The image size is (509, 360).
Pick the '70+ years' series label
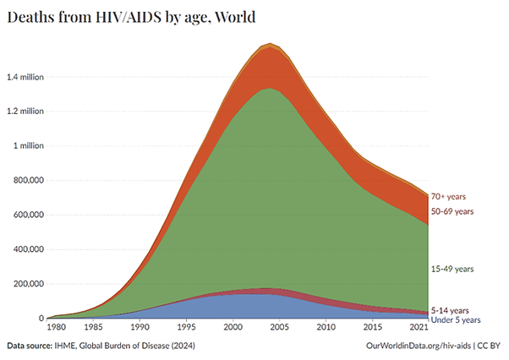click(x=450, y=197)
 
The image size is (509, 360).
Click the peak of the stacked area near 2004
click(x=270, y=44)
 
